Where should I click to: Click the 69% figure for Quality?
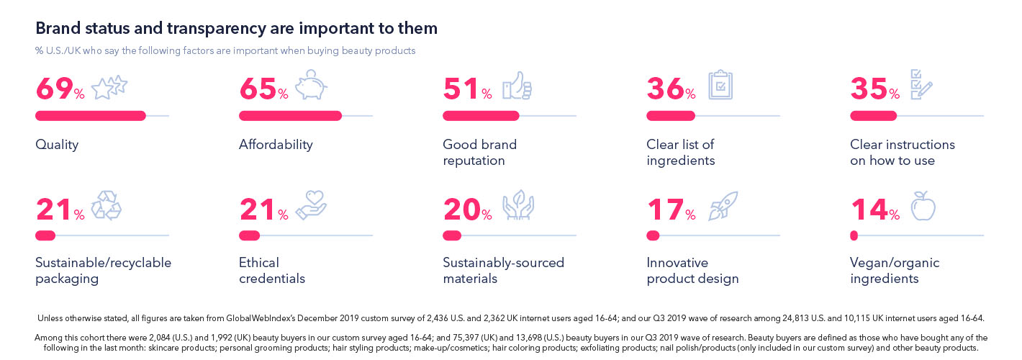(x=60, y=90)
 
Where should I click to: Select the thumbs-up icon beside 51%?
(x=516, y=86)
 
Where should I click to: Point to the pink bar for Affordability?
(x=290, y=116)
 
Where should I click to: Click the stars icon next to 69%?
(x=109, y=87)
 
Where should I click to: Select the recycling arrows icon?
(x=106, y=206)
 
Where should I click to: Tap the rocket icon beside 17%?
(x=723, y=205)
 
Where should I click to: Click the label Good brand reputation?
(x=479, y=152)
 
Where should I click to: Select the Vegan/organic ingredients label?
(x=894, y=271)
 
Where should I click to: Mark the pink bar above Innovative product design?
(x=653, y=235)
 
